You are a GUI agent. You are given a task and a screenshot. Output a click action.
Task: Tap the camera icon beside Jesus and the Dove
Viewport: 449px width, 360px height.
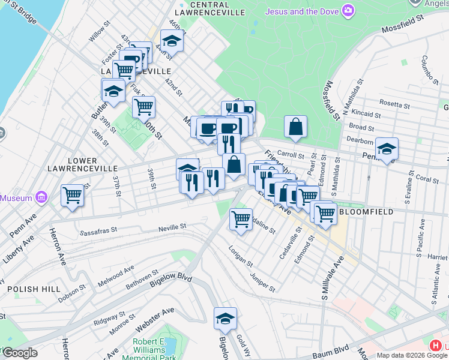348,10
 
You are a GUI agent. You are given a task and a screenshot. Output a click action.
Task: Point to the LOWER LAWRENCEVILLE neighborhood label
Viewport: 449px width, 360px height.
74,165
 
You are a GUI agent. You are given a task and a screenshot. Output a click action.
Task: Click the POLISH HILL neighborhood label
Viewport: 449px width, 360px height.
34,289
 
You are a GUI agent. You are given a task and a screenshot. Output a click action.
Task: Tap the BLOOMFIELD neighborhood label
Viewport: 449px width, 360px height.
366,212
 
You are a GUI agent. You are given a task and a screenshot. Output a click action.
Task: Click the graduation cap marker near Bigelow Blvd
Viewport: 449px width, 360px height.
225,318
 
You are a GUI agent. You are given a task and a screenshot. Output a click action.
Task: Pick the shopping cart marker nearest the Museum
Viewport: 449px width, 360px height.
72,194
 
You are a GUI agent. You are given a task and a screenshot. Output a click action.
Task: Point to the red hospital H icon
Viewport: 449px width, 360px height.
435,346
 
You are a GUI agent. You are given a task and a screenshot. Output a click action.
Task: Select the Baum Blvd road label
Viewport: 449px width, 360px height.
334,346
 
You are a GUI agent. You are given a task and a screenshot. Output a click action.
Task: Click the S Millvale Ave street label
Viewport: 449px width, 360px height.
332,278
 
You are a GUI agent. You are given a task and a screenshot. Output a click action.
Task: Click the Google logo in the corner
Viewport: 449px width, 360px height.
19,353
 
